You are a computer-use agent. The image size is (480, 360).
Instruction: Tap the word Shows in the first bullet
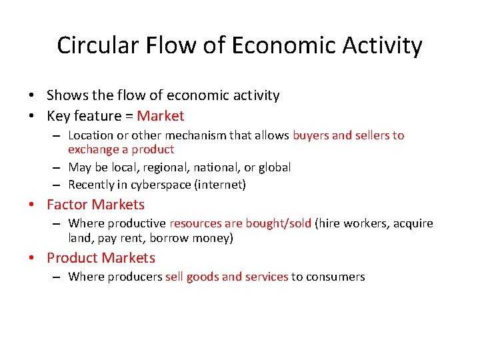pyautogui.click(x=65, y=95)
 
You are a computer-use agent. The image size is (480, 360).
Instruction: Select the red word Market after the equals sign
pyautogui.click(x=160, y=116)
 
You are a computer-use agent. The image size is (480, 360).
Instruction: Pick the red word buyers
pyautogui.click(x=310, y=135)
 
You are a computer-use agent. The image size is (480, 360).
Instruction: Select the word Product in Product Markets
pyautogui.click(x=73, y=258)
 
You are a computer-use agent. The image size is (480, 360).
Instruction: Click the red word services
pyautogui.click(x=267, y=277)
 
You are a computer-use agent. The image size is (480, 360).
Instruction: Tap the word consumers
pyautogui.click(x=335, y=277)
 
